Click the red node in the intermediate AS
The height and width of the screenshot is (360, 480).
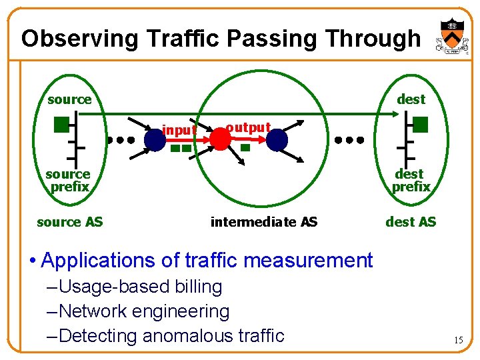(x=219, y=138)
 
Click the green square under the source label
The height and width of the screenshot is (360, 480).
(x=62, y=123)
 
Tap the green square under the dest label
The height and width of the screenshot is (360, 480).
(x=420, y=124)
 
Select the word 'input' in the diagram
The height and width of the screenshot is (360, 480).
(x=179, y=129)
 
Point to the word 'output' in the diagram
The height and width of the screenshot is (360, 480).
(x=248, y=127)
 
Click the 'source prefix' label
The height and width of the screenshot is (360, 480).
(x=69, y=180)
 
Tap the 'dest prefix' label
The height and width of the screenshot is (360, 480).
(x=411, y=180)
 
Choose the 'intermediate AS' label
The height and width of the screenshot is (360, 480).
(x=264, y=221)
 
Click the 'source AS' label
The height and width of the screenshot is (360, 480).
(x=70, y=221)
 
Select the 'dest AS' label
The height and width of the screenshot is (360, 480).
(x=411, y=221)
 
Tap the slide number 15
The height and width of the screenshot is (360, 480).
(x=458, y=340)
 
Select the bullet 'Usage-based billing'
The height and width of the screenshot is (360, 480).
(x=140, y=287)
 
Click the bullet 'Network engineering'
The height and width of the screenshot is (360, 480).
(x=144, y=311)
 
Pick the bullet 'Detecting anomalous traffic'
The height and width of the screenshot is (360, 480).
(x=171, y=335)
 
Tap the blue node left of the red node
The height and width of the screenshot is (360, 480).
(x=155, y=139)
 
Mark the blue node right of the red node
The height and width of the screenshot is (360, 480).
(x=277, y=139)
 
